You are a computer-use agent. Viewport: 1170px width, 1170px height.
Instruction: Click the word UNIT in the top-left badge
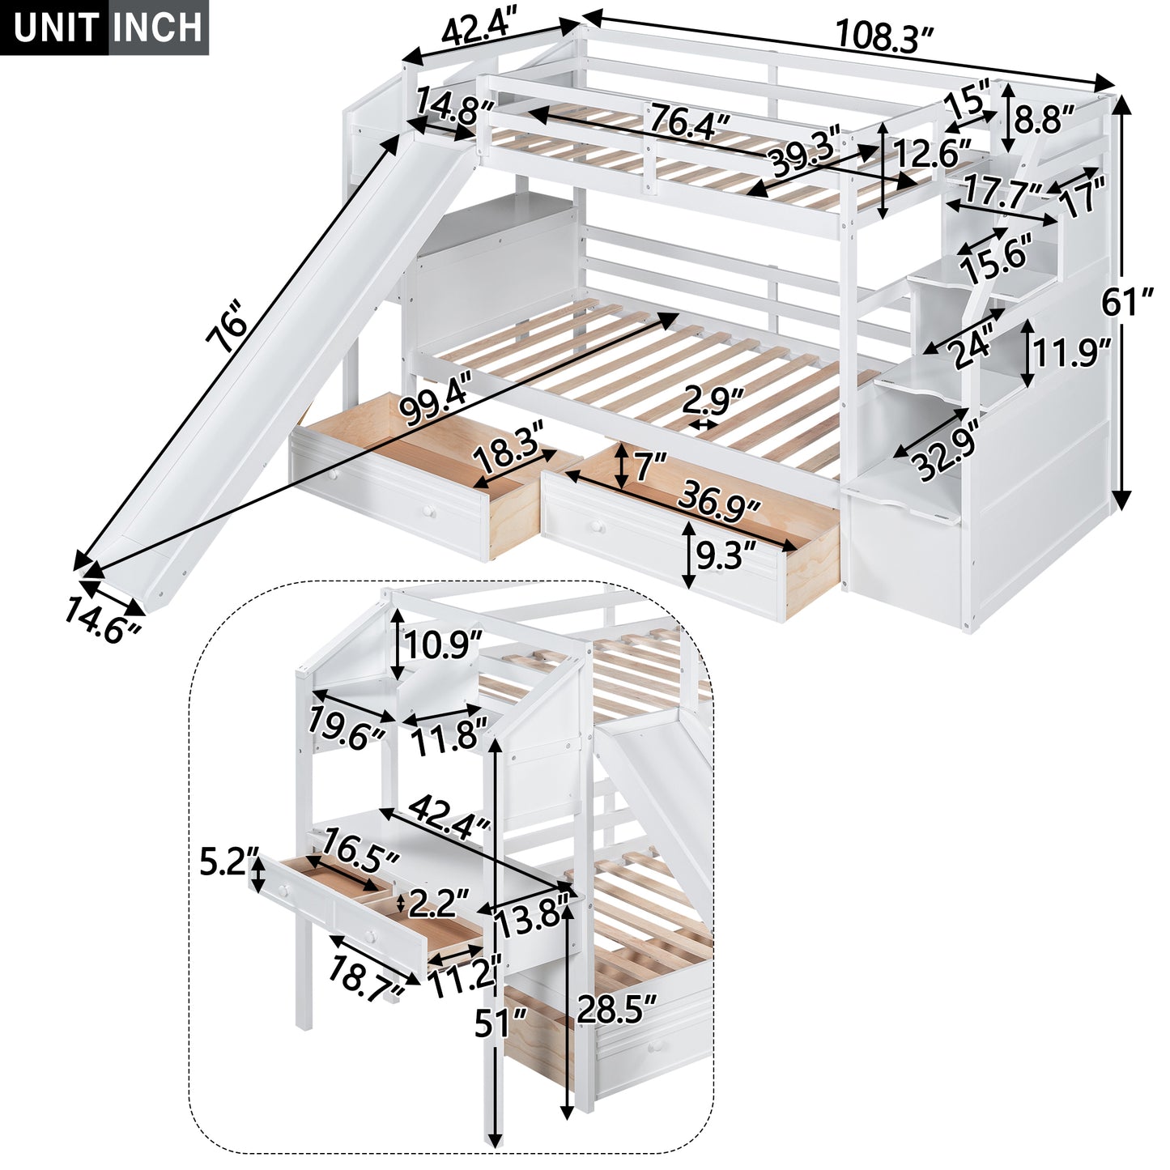tap(56, 28)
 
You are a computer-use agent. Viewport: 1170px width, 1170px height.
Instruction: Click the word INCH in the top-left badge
tap(158, 28)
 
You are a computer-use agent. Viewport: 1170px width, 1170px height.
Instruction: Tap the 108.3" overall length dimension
tap(884, 36)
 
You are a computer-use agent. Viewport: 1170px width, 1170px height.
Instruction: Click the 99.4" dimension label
tap(435, 406)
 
